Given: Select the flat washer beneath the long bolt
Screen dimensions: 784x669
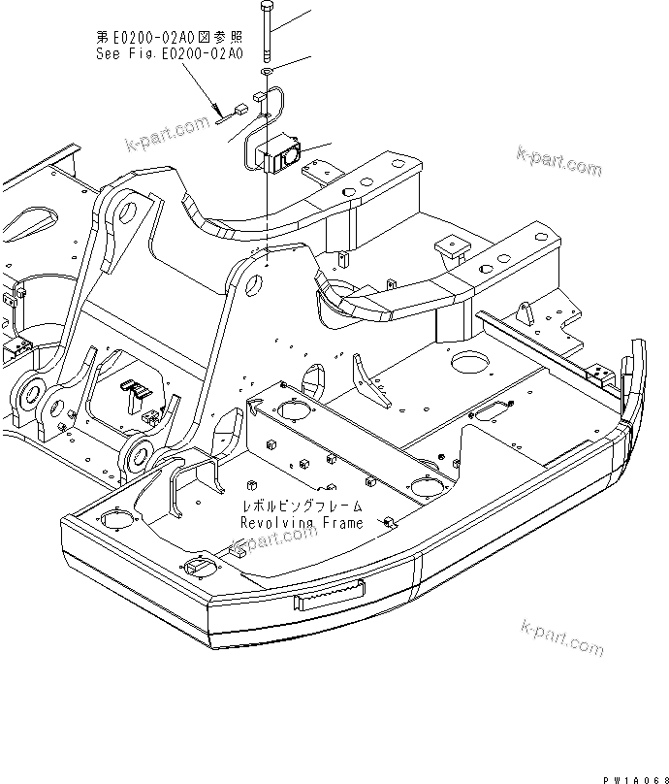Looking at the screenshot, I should pyautogui.click(x=267, y=72).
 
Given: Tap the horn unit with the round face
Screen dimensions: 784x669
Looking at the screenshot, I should pyautogui.click(x=287, y=153).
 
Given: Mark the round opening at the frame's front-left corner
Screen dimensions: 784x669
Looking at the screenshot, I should pyautogui.click(x=114, y=521).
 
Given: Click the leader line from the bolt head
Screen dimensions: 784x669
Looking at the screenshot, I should pyautogui.click(x=295, y=16).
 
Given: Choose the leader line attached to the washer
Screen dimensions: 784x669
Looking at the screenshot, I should pyautogui.click(x=295, y=64).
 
